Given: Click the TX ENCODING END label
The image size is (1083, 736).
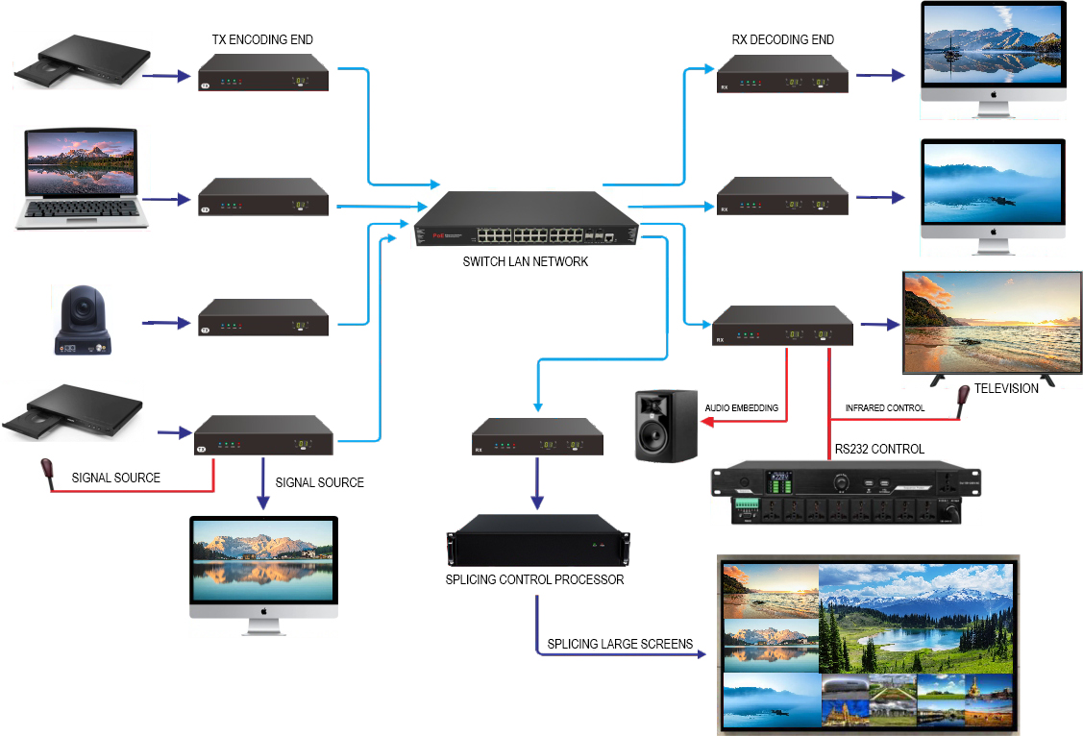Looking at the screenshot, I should pos(262,39).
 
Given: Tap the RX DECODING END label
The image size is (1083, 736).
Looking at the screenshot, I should pos(782,39).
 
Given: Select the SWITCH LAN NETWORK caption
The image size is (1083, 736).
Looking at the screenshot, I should pos(525,261).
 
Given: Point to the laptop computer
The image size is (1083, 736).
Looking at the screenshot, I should pos(83,179).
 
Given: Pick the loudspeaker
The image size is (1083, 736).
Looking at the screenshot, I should pos(666,426).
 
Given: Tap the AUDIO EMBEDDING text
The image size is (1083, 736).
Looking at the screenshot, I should pos(742,408).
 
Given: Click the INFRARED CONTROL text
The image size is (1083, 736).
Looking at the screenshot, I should pos(884,408).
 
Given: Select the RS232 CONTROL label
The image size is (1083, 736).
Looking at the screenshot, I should pos(879,449).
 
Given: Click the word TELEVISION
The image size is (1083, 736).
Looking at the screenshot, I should pos(1006,389).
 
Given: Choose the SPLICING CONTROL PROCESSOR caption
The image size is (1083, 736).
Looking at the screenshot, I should pos(534,579).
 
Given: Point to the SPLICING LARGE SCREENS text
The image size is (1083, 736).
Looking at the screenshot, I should pos(620,644).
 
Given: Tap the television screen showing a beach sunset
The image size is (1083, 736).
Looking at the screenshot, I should pos(990,322).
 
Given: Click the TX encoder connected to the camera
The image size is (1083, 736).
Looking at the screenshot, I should pos(262,317).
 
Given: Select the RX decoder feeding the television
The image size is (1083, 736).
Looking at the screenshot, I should pos(782,326).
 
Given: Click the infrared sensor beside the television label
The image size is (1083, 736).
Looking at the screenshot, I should pos(964,395).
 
